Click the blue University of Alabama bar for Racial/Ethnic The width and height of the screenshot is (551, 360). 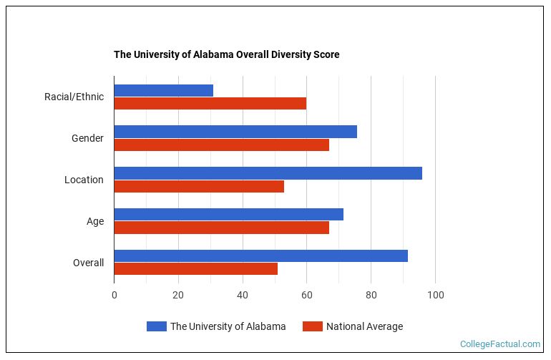163,90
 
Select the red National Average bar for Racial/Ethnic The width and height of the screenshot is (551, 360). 210,103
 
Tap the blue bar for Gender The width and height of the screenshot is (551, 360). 235,132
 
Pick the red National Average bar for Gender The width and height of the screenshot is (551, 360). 221,145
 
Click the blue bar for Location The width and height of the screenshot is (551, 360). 268,173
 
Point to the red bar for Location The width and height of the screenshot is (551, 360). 199,186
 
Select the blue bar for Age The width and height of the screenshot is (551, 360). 228,215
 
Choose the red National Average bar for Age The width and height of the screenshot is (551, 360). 221,228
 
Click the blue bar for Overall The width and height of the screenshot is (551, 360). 260,256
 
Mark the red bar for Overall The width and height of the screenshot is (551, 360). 195,269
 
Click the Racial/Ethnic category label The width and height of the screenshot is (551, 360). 74,97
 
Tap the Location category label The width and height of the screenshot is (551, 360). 84,180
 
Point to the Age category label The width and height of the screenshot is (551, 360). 95,221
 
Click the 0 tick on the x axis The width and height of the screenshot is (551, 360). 114,295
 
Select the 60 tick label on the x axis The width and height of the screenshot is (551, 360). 306,295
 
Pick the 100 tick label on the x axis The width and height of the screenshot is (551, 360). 435,295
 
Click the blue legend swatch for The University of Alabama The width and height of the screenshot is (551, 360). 156,326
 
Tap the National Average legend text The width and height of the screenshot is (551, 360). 364,326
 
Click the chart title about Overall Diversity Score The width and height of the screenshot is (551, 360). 226,54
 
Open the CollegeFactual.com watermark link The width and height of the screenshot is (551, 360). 500,344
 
